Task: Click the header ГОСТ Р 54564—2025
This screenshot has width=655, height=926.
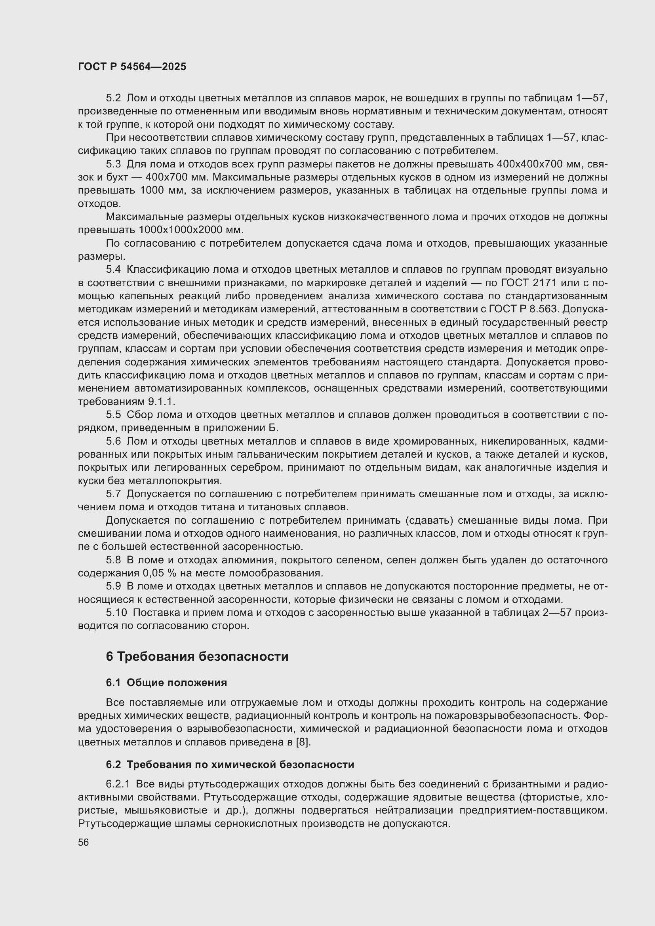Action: (x=132, y=67)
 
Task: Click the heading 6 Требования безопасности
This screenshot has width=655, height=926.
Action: (x=197, y=656)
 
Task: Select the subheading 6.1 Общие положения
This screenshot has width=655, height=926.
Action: (x=166, y=683)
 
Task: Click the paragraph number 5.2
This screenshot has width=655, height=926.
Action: (x=113, y=98)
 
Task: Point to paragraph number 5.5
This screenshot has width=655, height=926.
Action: (x=113, y=415)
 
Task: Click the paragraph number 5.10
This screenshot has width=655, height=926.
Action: (x=116, y=612)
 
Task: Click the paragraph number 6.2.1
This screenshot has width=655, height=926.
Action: (x=118, y=784)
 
